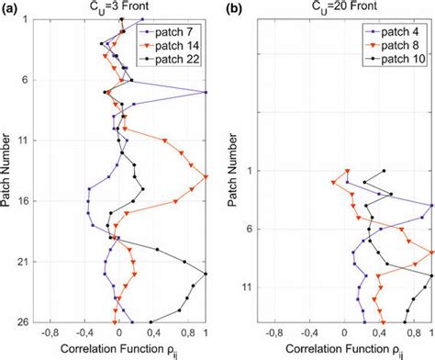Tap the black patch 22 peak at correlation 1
pos(206,274)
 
